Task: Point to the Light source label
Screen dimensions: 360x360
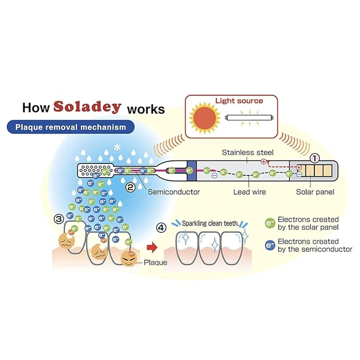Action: [239, 100]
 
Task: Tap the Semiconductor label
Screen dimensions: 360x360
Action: [174, 192]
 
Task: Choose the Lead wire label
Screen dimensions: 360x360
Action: [250, 192]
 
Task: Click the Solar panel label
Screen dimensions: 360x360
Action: [315, 192]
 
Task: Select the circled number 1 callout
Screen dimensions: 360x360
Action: [315, 157]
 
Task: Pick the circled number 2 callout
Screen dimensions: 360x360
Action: [129, 186]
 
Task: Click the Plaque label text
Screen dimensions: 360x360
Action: [156, 262]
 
